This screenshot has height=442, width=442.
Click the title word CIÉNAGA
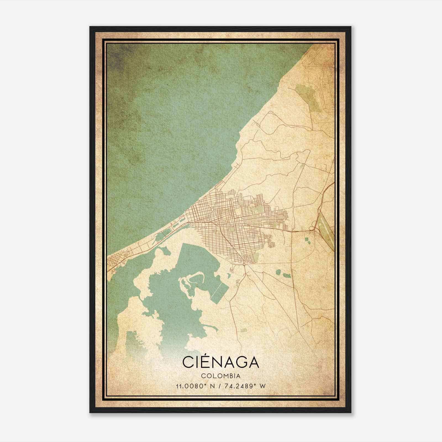coord(221,362)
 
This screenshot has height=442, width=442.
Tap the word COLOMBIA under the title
coord(221,376)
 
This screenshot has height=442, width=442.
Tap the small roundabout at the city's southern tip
coord(244,265)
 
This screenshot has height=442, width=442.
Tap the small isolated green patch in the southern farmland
coord(243,330)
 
